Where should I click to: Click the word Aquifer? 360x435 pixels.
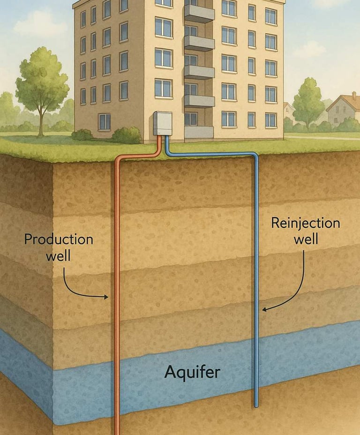coord(192,373)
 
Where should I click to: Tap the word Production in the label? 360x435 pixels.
coord(59,240)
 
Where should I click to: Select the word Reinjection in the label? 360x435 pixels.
coord(305,223)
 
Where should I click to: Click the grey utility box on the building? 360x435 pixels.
coord(162,123)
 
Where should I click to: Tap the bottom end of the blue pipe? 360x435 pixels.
coord(256,405)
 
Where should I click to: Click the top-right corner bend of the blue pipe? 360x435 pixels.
coord(255,155)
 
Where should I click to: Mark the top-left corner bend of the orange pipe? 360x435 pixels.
coord(118,161)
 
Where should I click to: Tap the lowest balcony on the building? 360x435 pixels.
coord(199,131)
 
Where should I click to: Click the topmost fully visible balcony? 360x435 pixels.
coord(199,13)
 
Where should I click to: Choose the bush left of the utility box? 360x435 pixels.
coord(127,135)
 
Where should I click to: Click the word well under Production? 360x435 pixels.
coord(59,256)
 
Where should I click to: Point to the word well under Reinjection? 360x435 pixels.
coord(306,240)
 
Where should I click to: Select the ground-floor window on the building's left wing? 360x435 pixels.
coord(104,122)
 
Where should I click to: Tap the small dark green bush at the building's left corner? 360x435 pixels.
coord(82,135)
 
